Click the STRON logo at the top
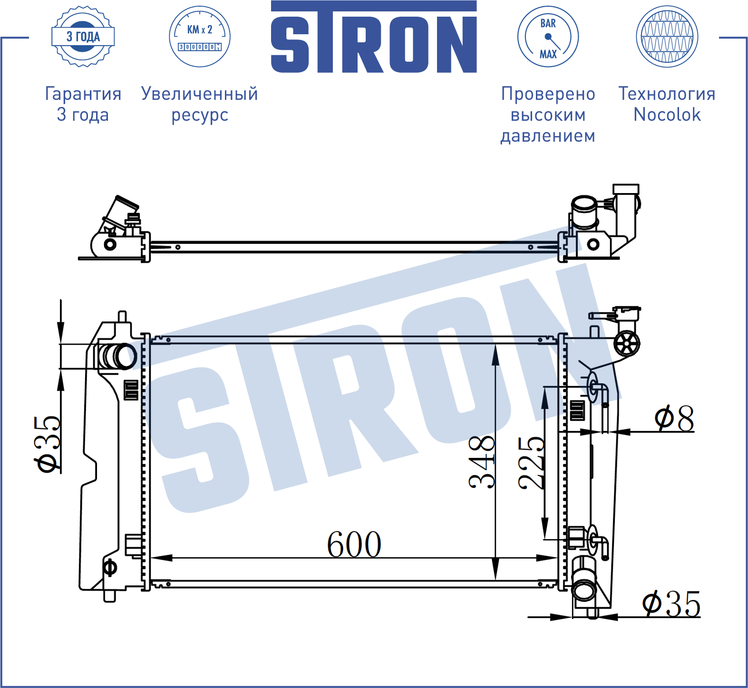pos(374,37)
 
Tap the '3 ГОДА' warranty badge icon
pos(83,37)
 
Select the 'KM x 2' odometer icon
pos(200,37)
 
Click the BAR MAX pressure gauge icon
pos(548,37)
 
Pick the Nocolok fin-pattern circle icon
pos(667,37)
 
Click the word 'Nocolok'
pos(667,115)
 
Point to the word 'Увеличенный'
pos(200,94)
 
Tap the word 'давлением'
pos(548,136)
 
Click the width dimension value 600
pos(354,544)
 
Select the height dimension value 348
pos(482,462)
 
